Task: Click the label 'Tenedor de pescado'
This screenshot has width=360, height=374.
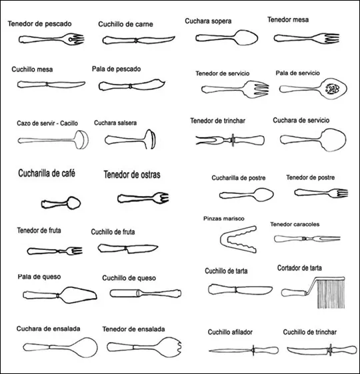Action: pos(39,24)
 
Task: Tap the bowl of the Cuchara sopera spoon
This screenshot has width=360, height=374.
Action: pos(246,38)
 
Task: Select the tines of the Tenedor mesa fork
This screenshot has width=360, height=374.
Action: pos(330,38)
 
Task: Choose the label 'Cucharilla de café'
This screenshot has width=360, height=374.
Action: pos(47,173)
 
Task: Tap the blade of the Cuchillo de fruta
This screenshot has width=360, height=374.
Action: pos(142,248)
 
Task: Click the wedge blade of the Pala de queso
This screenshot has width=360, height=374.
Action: pos(78,295)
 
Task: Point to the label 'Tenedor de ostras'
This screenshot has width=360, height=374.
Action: pos(132,175)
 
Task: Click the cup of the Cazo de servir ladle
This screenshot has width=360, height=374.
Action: pos(82,140)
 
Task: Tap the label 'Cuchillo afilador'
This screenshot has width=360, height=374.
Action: pos(230,332)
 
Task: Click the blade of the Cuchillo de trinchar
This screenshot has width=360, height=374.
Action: pos(308,350)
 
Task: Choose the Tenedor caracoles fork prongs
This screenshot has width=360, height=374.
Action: pos(325,239)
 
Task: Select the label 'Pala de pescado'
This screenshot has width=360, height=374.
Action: pos(116,69)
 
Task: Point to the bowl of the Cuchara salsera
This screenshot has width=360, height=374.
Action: pos(150,139)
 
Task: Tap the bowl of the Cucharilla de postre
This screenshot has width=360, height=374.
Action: pos(263,195)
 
